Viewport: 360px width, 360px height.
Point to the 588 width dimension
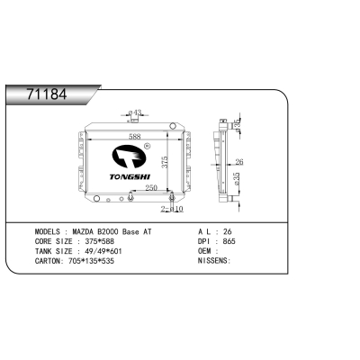pyautogui.click(x=134, y=138)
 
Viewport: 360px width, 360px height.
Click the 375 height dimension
pyautogui.click(x=165, y=161)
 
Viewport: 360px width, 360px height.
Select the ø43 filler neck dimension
pyautogui.click(x=136, y=113)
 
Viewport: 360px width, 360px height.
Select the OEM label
pyautogui.click(x=206, y=251)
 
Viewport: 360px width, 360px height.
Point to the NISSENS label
pyautogui.click(x=214, y=261)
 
